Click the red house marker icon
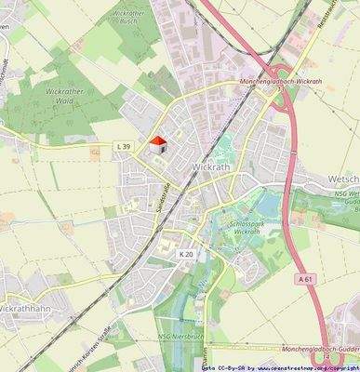(159, 142)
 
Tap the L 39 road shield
(124, 146)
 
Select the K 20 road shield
(187, 253)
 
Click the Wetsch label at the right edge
(343, 177)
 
